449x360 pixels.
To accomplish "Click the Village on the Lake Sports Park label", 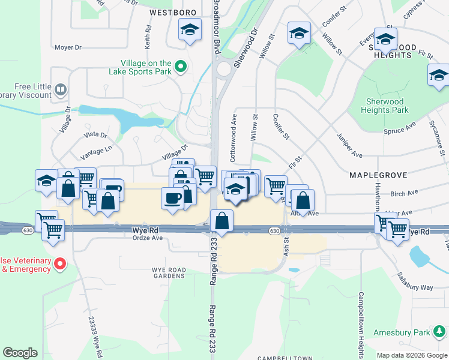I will (x=147, y=67).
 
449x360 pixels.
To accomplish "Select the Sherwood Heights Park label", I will (x=393, y=106).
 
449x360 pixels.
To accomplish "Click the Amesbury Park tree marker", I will (x=441, y=332).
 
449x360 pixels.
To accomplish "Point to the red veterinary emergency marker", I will (x=60, y=264).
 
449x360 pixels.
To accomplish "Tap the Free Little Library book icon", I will (x=60, y=91).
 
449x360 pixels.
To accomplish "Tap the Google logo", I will (x=20, y=353).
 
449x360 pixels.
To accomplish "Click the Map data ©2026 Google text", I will (x=412, y=355).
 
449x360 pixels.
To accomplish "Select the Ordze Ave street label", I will (x=148, y=238).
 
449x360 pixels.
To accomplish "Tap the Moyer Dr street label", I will (x=67, y=47).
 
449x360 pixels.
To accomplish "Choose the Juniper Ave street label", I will (x=349, y=145).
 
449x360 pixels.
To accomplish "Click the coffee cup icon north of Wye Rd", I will (x=173, y=199).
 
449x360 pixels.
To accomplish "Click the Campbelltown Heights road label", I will (x=361, y=316).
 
